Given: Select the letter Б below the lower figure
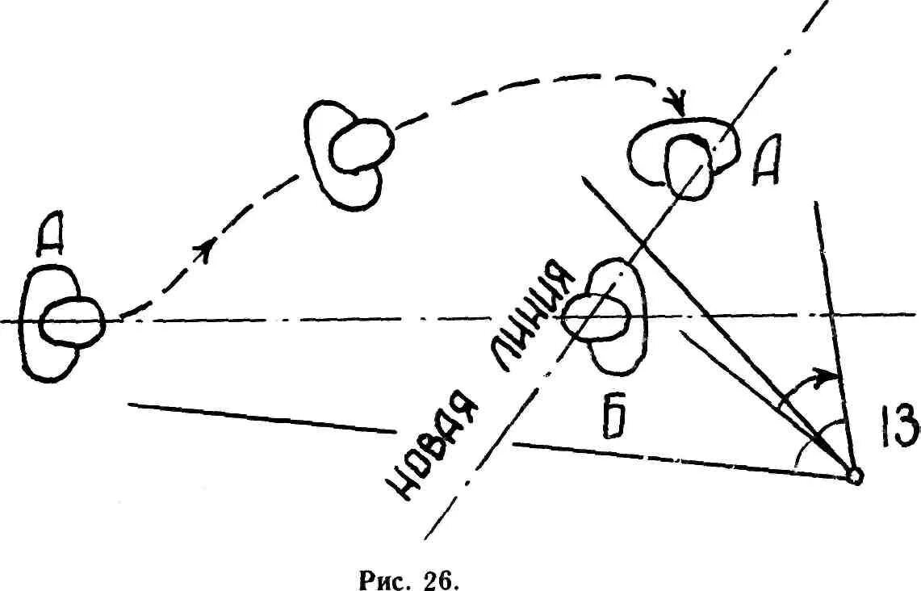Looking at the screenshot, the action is tap(618, 419).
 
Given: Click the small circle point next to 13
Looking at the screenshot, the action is tap(856, 477).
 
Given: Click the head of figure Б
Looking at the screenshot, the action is tap(597, 316).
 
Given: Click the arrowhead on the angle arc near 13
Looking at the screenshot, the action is tap(823, 375).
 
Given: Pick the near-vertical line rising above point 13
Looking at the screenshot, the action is tap(831, 323).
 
